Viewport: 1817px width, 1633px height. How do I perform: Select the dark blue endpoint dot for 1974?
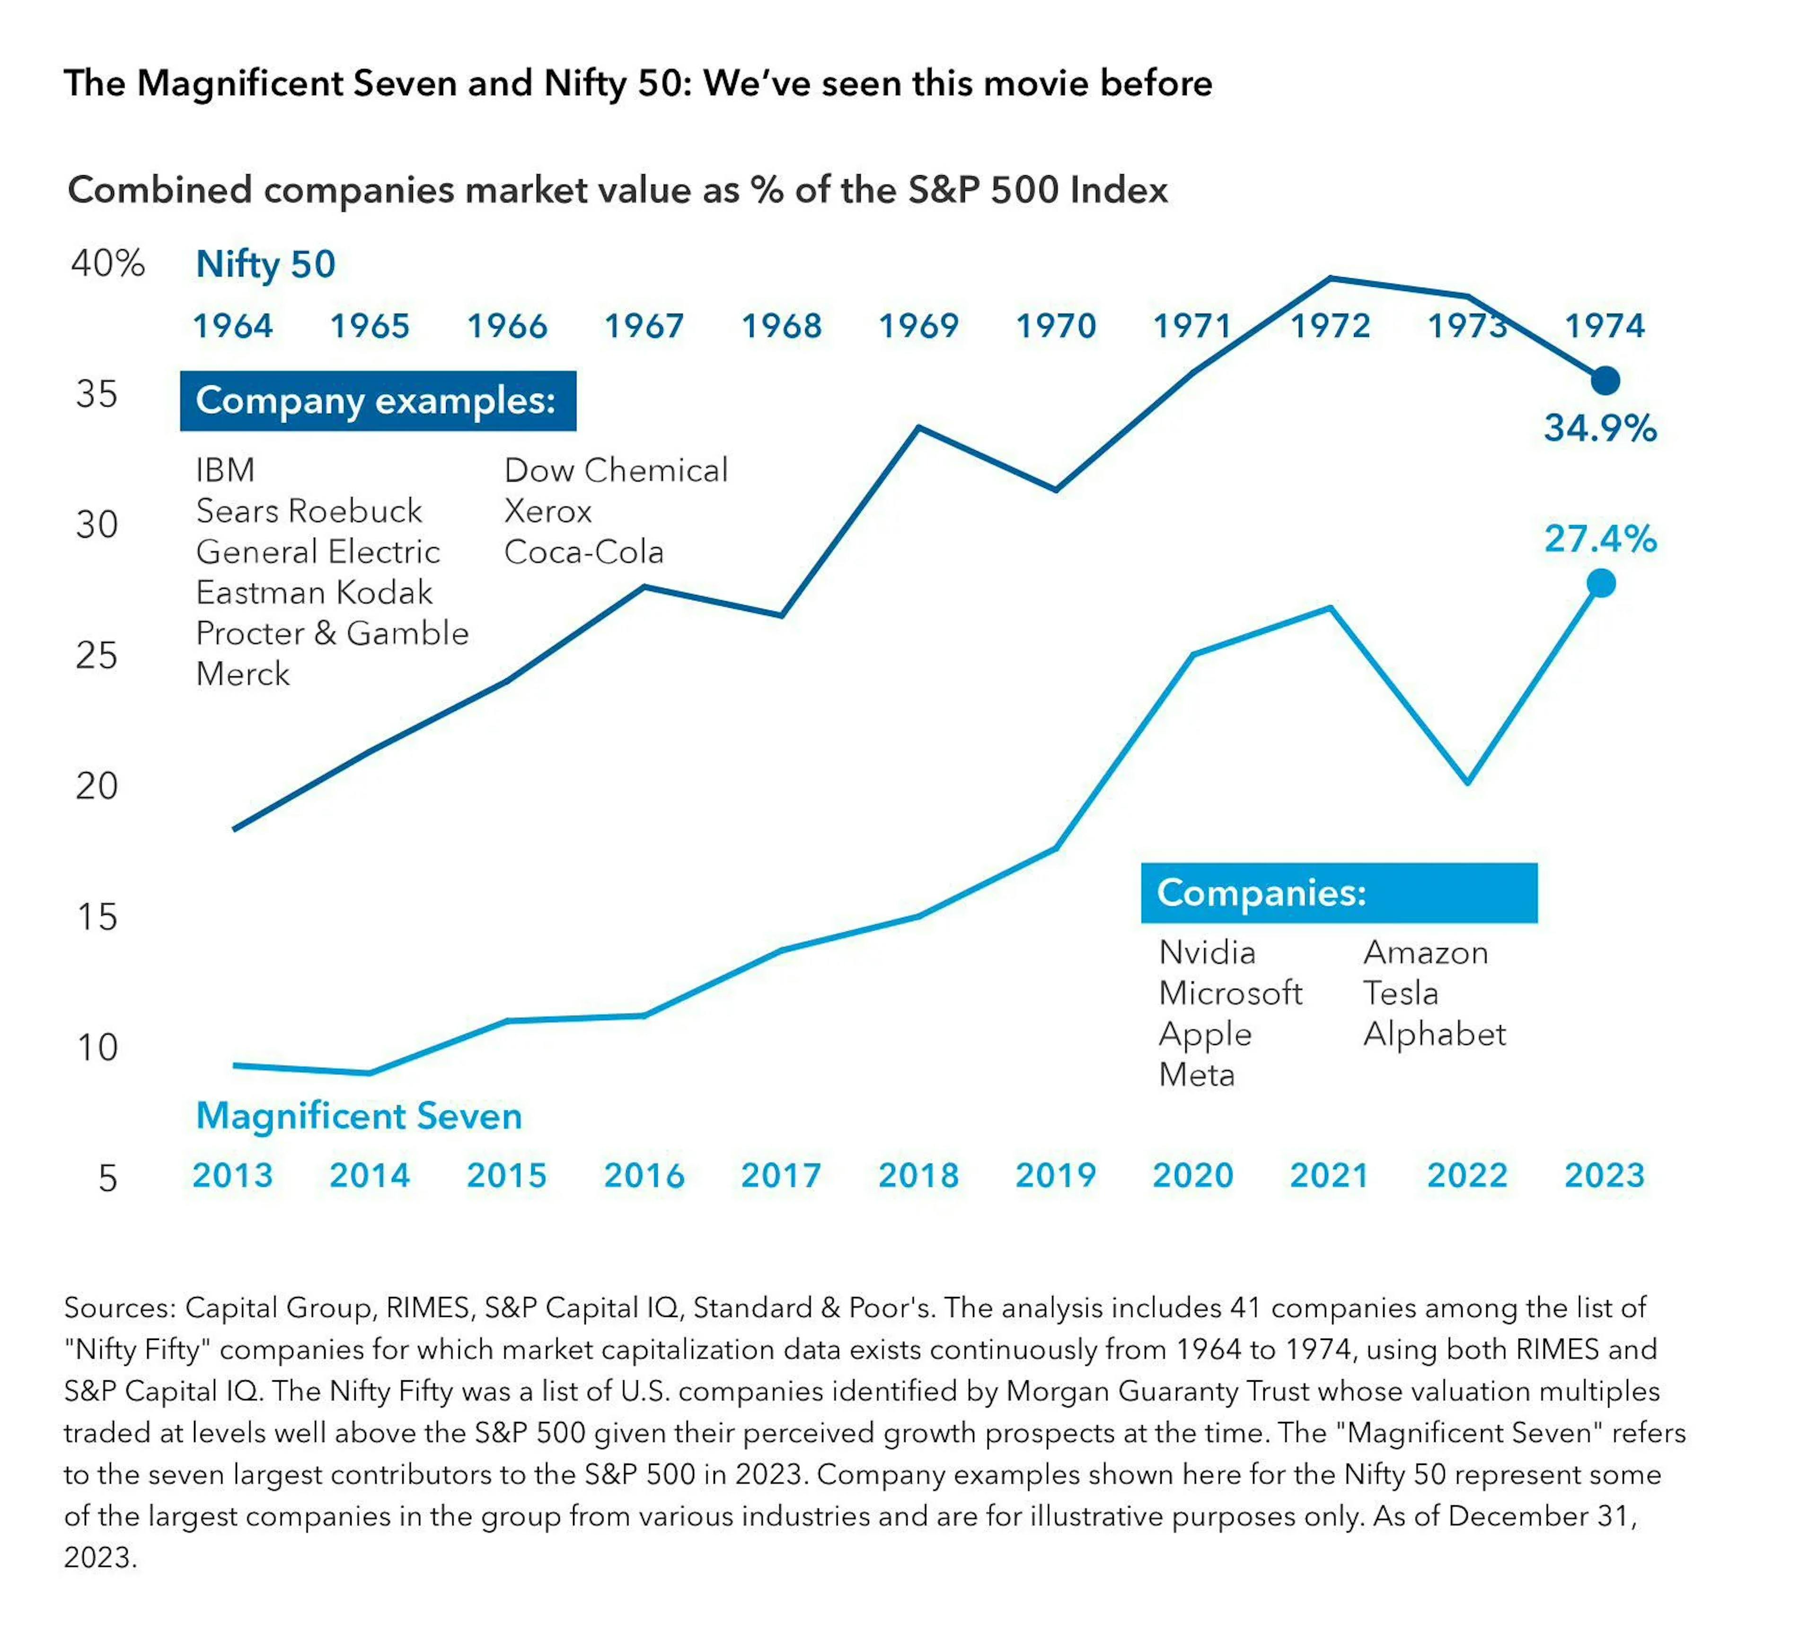pos(1605,381)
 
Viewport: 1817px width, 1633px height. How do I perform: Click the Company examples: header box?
pos(378,400)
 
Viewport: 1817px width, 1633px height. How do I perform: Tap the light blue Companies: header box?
pos(1338,893)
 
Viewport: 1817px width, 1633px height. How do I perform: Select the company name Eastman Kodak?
pos(314,592)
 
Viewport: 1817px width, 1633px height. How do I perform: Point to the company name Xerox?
pos(547,511)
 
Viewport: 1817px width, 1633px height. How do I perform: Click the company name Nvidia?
pos(1206,952)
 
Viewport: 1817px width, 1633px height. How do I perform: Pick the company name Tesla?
pos(1400,993)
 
